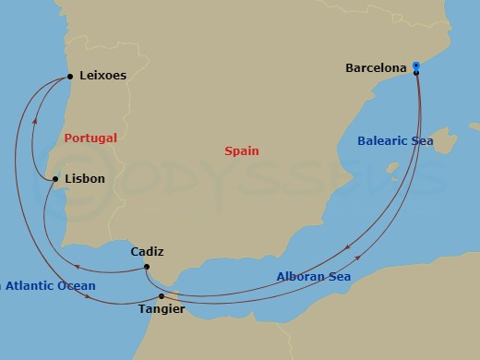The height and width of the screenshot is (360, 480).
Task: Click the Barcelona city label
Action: point(377,67)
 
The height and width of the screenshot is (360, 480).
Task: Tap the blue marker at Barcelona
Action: point(416,66)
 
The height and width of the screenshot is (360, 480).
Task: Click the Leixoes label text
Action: point(103,77)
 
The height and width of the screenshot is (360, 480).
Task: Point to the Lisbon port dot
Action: point(56,178)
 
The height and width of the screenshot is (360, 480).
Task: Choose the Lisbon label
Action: point(85,178)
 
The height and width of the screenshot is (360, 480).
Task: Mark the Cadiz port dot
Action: point(147,268)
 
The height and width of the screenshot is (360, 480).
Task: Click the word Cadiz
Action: point(149,251)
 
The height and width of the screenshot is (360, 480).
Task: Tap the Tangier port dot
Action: point(162,296)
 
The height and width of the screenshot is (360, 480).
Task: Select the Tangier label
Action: point(162,309)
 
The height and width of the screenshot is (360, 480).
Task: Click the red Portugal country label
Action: point(91,138)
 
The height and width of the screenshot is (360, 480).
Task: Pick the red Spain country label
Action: point(242,150)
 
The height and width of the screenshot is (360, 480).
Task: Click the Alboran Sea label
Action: point(314,276)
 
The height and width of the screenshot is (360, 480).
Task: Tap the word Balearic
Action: point(381,141)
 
